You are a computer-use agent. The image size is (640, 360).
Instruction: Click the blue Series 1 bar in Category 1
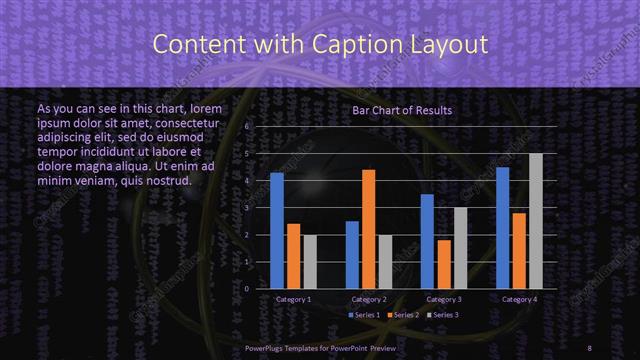pyautogui.click(x=277, y=231)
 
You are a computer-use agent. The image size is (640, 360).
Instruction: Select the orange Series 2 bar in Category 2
pyautogui.click(x=368, y=229)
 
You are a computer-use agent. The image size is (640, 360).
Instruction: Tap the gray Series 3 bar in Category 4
pyautogui.click(x=536, y=221)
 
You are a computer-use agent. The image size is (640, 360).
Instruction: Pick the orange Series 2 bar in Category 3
pyautogui.click(x=444, y=264)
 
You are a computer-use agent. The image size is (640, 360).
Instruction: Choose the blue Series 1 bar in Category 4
pyautogui.click(x=502, y=228)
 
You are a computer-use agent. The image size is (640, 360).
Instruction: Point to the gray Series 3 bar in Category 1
pyautogui.click(x=310, y=262)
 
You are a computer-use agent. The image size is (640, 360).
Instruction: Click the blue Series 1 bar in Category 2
pyautogui.click(x=352, y=255)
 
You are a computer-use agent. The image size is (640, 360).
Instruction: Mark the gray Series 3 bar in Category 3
pyautogui.click(x=460, y=248)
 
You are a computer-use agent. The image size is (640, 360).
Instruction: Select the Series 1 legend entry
pyautogui.click(x=364, y=315)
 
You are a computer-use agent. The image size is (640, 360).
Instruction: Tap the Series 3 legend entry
pyautogui.click(x=444, y=315)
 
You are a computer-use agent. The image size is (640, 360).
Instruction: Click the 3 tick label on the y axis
pyautogui.click(x=244, y=208)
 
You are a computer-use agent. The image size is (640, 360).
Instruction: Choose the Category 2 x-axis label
pyautogui.click(x=369, y=299)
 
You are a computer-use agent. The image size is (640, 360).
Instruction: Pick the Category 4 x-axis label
pyautogui.click(x=519, y=299)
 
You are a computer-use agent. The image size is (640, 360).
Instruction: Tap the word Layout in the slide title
pyautogui.click(x=449, y=44)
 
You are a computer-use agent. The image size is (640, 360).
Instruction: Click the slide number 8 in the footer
pyautogui.click(x=589, y=345)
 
